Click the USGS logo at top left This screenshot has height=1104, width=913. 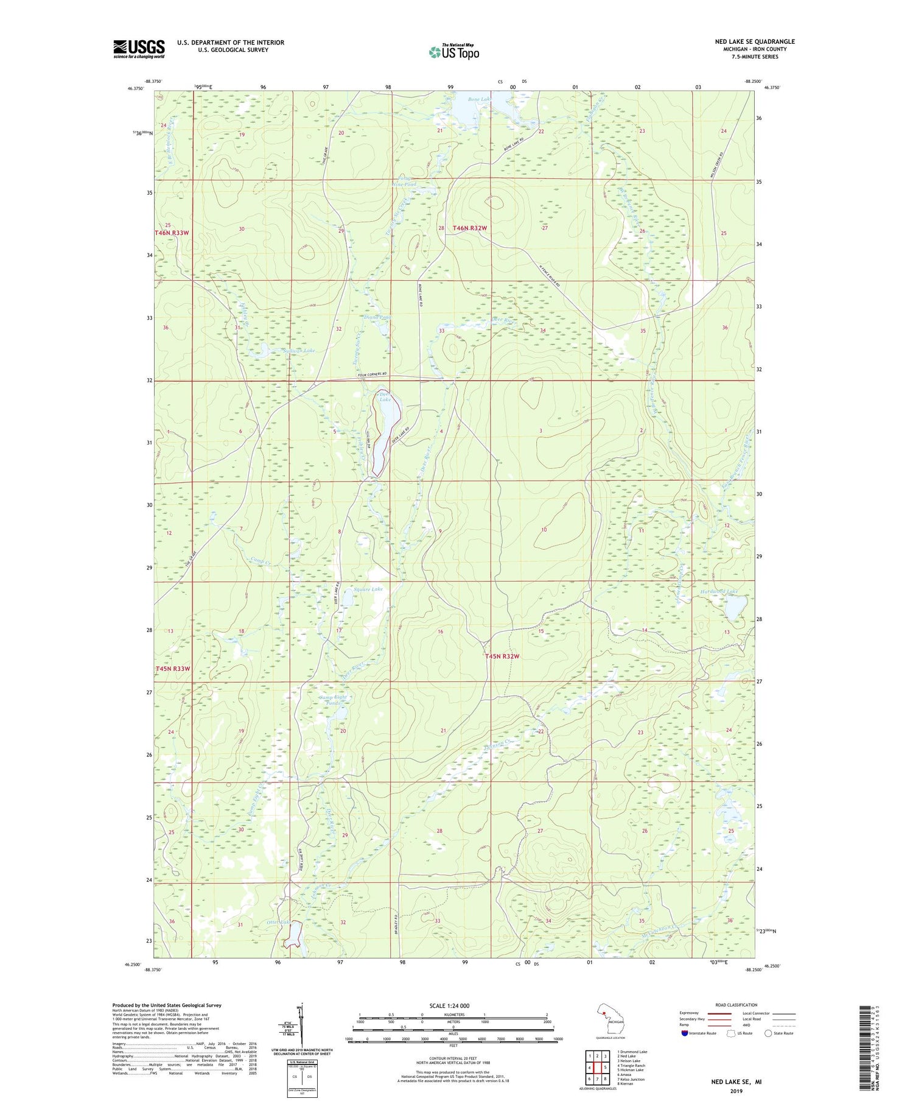pyautogui.click(x=139, y=49)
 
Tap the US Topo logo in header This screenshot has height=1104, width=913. pyautogui.click(x=453, y=52)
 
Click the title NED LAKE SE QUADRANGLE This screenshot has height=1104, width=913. pyautogui.click(x=755, y=41)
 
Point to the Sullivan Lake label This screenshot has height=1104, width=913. pyautogui.click(x=299, y=351)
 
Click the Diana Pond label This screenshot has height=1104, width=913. pyautogui.click(x=377, y=317)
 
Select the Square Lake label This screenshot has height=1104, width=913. pyautogui.click(x=368, y=589)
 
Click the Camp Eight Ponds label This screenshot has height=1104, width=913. pyautogui.click(x=332, y=700)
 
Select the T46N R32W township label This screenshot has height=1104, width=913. pyautogui.click(x=470, y=228)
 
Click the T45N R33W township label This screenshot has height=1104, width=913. pyautogui.click(x=173, y=669)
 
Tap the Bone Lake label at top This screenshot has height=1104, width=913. pyautogui.click(x=479, y=99)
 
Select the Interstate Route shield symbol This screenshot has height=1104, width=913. pyautogui.click(x=685, y=1033)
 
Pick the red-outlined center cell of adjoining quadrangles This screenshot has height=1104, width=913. pyautogui.click(x=597, y=1066)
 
